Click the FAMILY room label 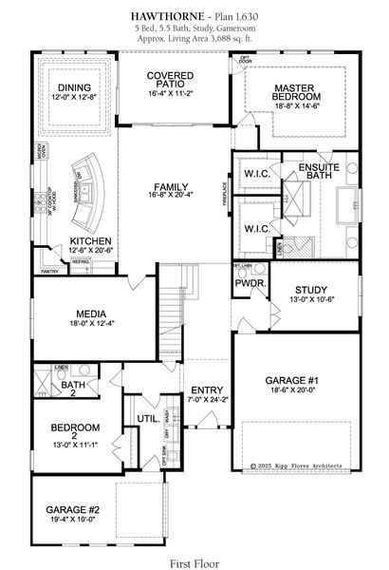point(173,187)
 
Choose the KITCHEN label point(91,241)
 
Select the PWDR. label point(250,283)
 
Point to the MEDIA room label point(92,314)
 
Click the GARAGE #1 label point(294,382)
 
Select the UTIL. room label point(147,417)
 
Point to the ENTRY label point(207,390)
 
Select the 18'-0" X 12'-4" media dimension point(92,325)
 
